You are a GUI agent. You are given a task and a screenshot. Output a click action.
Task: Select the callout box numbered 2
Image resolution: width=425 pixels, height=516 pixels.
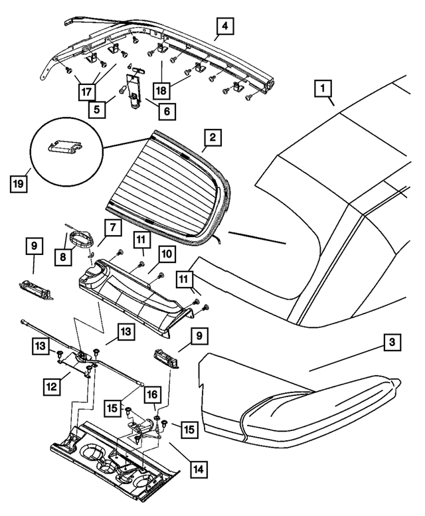click(x=212, y=138)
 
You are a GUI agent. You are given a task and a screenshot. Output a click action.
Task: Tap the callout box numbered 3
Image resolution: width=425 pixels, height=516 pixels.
click(x=393, y=343)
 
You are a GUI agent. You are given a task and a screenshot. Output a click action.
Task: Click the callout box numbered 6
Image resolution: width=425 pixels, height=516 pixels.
click(x=166, y=111)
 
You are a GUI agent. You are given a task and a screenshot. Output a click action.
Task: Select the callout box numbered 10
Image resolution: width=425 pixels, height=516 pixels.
click(x=165, y=254)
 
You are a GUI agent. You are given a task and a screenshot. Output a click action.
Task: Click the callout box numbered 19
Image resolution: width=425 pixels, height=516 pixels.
click(x=21, y=181)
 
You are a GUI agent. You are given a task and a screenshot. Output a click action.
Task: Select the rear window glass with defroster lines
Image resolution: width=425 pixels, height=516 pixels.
click(x=166, y=179)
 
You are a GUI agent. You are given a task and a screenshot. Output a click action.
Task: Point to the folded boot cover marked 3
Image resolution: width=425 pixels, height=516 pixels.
click(x=299, y=398)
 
